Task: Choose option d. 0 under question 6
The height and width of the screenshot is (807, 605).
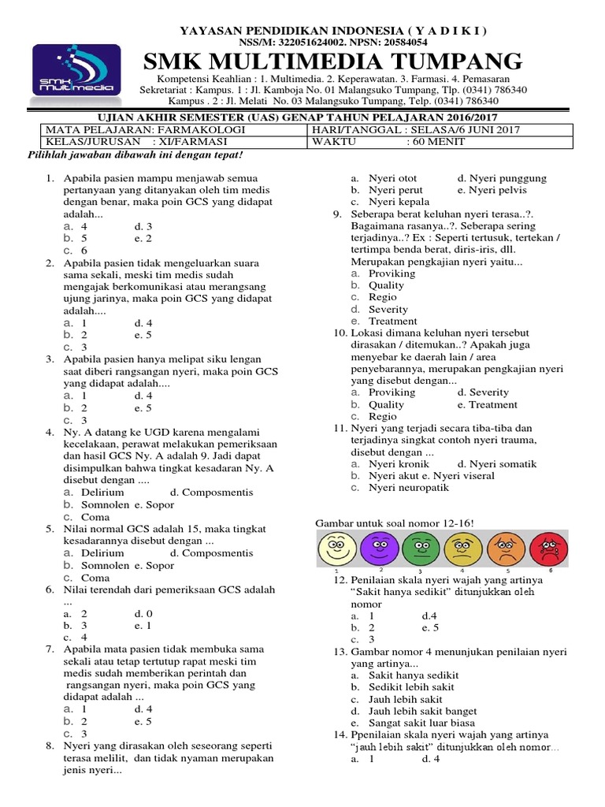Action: (143, 612)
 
